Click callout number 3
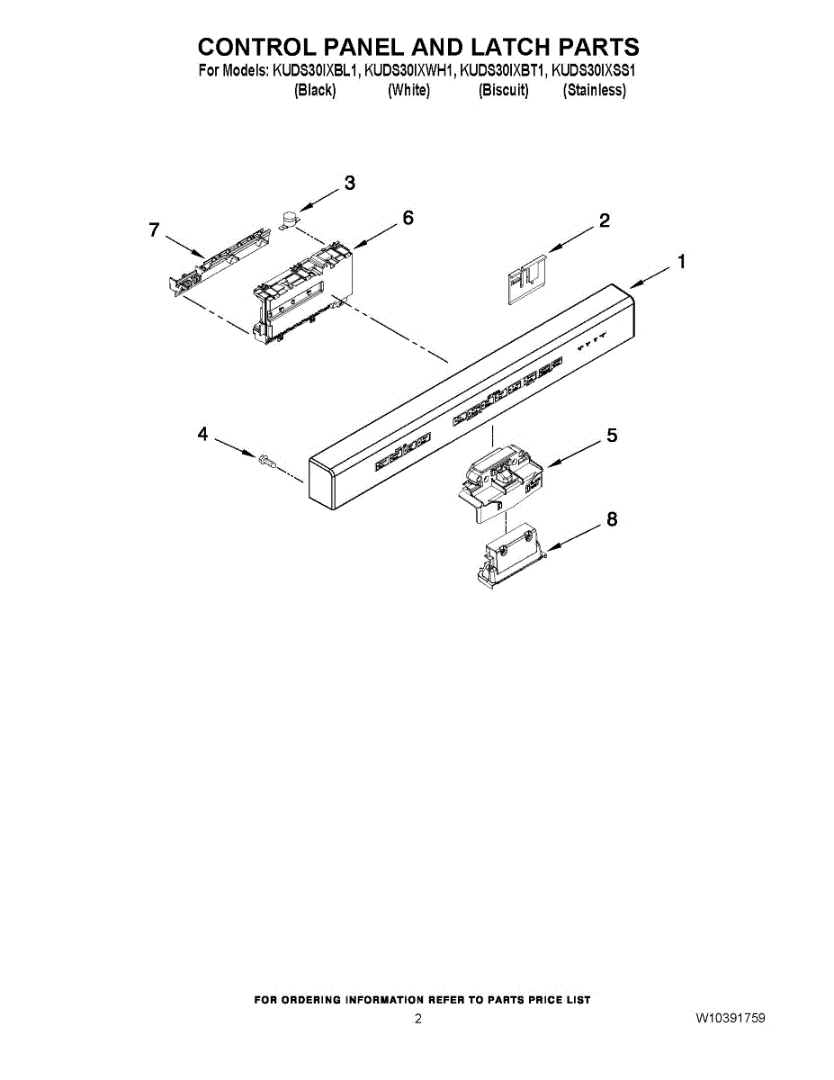pos(349,184)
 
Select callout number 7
pos(154,230)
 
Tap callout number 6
pos(408,218)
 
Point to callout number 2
pos(605,220)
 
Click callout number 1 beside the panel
pos(682,262)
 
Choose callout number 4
pos(202,435)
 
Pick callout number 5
pos(612,436)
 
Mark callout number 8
pos(612,519)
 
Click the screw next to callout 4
pos(265,461)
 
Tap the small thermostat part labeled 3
pos(290,218)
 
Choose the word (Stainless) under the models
pos(595,90)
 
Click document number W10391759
pos(730,1018)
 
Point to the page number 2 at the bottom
pos(417,1019)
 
